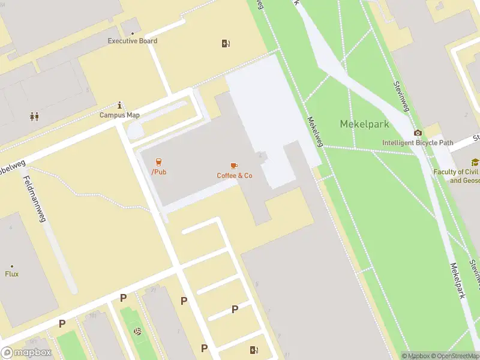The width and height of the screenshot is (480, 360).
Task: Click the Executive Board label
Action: coord(132,41)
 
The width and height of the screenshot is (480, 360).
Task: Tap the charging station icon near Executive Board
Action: coord(226,43)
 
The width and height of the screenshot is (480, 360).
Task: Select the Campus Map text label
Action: coord(119,115)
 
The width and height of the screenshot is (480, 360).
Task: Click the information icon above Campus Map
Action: coord(120,104)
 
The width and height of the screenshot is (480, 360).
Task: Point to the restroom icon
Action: coord(34,117)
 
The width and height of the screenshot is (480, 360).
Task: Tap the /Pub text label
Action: coord(158,172)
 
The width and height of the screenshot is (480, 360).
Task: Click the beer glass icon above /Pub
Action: coord(158,162)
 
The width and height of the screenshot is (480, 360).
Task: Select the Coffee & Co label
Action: coord(235,175)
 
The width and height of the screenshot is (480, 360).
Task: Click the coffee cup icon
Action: coord(234,165)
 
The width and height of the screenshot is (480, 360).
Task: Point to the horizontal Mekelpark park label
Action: coord(364,124)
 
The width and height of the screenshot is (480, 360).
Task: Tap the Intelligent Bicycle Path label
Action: coord(417,143)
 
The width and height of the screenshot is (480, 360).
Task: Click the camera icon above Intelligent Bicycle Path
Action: coord(418,133)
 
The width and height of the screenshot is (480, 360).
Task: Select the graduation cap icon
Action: coord(475,162)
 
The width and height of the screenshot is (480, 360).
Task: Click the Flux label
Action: coord(12,274)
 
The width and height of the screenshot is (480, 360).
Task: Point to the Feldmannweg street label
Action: coord(34,199)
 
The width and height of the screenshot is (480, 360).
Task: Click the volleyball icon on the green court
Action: coord(137,331)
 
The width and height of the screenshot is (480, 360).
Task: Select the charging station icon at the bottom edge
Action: coord(254,350)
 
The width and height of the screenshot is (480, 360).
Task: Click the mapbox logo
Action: coord(26,353)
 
